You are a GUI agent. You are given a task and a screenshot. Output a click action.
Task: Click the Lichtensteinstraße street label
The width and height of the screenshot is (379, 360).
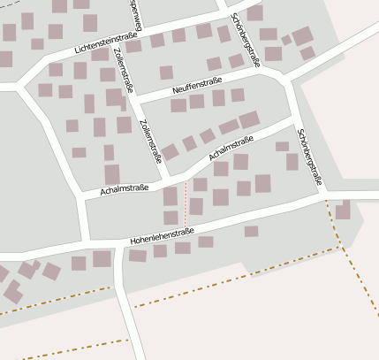click(106, 44)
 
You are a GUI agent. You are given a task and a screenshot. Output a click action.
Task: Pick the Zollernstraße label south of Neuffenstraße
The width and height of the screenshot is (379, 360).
click(151, 141)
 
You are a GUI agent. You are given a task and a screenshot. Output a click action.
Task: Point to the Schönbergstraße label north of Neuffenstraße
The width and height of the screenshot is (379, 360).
click(245, 40)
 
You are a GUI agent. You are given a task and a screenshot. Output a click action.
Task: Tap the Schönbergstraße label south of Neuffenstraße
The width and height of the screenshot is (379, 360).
click(310, 157)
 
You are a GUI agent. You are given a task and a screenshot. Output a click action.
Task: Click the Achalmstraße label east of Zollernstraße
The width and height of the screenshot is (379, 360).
click(231, 148)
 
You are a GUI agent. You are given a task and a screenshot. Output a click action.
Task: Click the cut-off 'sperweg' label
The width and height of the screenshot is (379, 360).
click(135, 12)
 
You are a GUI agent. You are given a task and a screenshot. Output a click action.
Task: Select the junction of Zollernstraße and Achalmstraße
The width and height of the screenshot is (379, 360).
click(169, 178)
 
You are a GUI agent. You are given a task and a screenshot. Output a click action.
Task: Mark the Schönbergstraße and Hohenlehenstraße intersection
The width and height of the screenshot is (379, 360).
click(322, 194)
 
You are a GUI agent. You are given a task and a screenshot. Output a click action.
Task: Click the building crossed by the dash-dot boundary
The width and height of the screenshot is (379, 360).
click(343, 211)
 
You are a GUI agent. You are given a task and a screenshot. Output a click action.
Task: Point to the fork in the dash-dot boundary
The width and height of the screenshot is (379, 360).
click(337, 249)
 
